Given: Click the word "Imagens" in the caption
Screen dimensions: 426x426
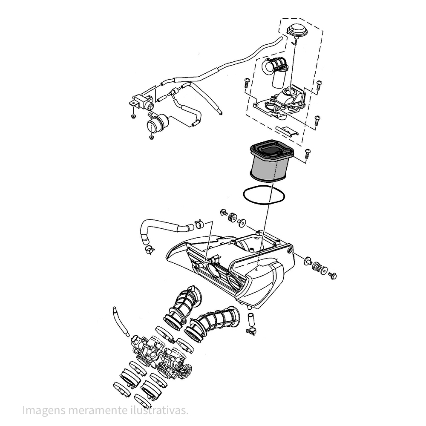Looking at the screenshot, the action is tap(43, 411).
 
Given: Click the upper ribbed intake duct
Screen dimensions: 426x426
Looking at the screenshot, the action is tap(183, 305).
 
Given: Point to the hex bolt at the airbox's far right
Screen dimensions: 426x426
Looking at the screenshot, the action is tap(333, 276).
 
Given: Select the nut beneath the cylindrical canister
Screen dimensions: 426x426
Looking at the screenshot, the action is tap(152, 138).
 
